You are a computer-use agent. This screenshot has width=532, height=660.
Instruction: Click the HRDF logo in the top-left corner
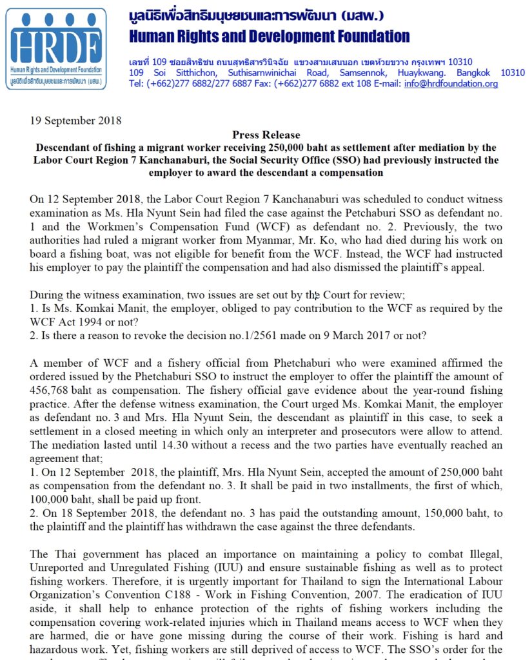pyautogui.click(x=55, y=48)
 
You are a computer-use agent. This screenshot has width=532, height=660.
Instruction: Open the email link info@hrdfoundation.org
pyautogui.click(x=451, y=84)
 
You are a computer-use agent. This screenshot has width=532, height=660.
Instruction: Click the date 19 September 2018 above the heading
pyautogui.click(x=75, y=121)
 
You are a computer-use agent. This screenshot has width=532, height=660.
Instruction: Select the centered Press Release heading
pyautogui.click(x=266, y=135)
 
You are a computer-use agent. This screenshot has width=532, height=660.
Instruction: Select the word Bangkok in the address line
pyautogui.click(x=475, y=72)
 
